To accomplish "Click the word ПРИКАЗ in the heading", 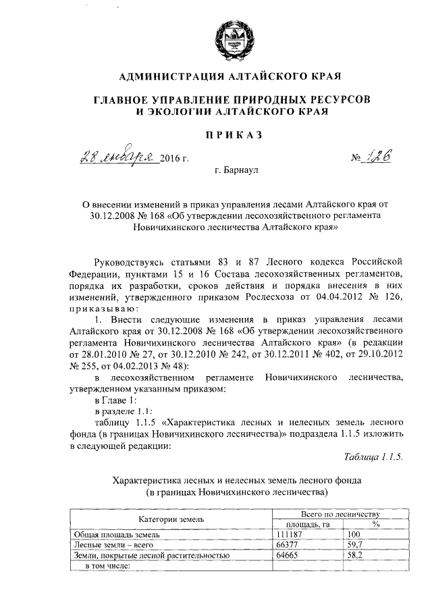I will click(x=233, y=136).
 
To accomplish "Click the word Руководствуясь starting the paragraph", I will click(x=130, y=262).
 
